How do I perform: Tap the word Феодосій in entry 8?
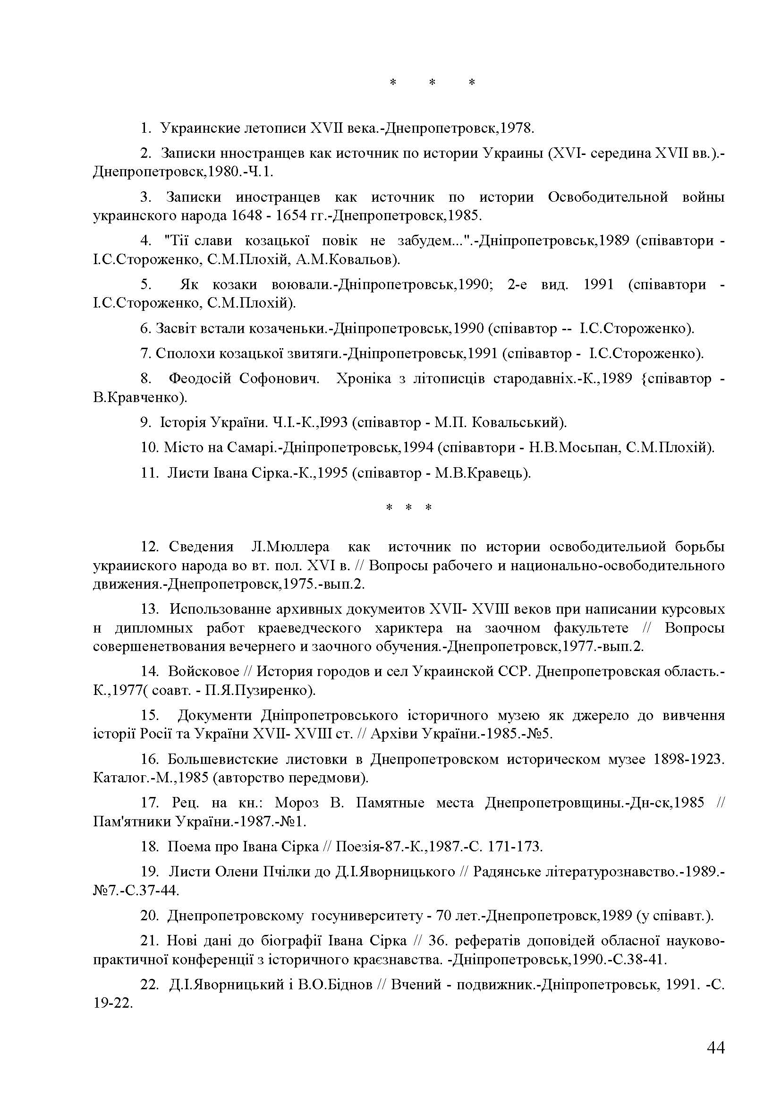point(196,379)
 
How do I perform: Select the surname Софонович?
point(279,379)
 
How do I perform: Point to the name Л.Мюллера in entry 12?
point(290,547)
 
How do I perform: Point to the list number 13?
point(150,609)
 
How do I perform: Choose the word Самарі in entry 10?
point(253,447)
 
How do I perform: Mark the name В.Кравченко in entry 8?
point(139,397)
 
